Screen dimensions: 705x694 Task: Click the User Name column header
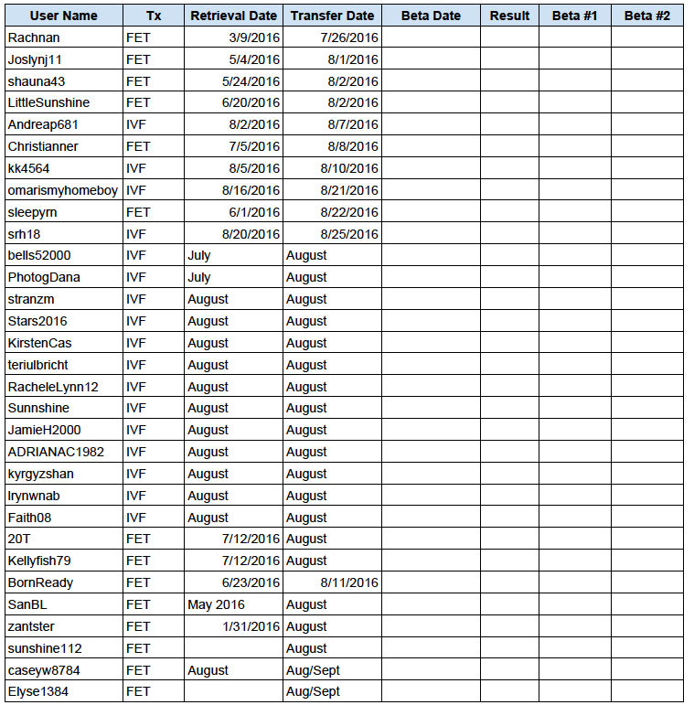(x=63, y=16)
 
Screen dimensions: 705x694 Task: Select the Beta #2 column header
(x=646, y=16)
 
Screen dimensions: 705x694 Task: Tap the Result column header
(x=509, y=16)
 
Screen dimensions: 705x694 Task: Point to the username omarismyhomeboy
(x=62, y=190)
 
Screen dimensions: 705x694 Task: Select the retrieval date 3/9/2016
(x=256, y=37)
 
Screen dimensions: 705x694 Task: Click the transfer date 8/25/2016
(x=349, y=234)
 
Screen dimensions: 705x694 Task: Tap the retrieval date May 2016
(x=216, y=604)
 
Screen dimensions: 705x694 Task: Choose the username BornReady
(x=40, y=582)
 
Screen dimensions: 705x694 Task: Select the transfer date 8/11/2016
(x=349, y=582)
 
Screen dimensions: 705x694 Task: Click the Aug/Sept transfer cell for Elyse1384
(x=313, y=692)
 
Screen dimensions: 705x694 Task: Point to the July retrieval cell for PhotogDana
(x=198, y=277)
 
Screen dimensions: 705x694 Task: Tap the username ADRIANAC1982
(x=56, y=452)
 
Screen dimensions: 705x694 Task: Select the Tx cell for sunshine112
(x=138, y=648)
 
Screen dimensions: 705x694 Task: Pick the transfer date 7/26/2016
(x=349, y=37)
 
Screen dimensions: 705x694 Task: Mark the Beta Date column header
(x=431, y=16)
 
